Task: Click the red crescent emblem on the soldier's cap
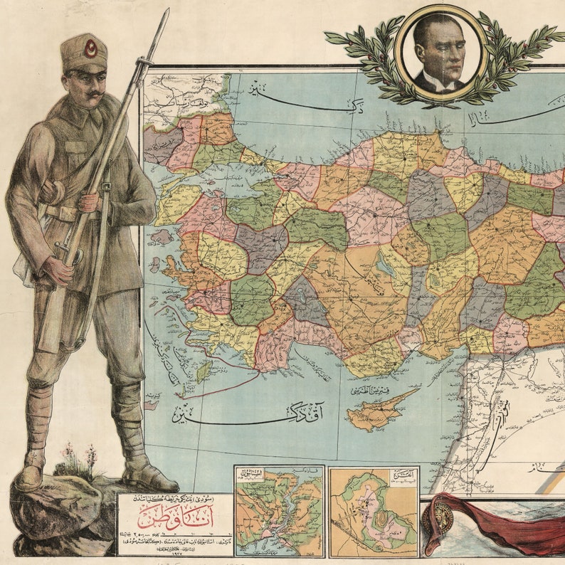coord(91,48)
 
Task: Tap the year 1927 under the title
coord(175,554)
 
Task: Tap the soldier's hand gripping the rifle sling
coord(89,202)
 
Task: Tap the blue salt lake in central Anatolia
coord(385,266)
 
